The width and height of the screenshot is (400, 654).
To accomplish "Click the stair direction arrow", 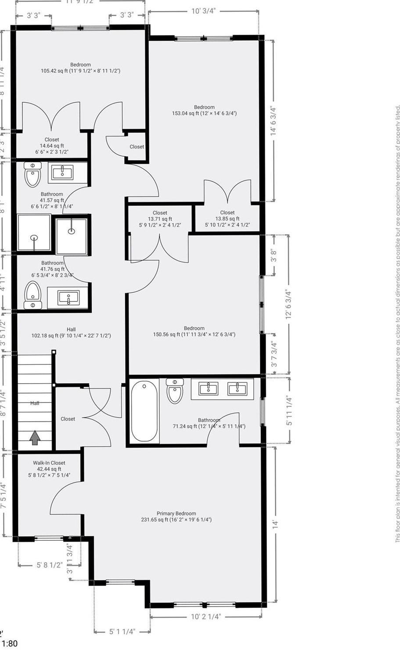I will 35,438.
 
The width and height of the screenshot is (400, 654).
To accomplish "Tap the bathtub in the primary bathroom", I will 144,411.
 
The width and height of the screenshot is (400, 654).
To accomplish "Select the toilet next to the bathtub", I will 175,391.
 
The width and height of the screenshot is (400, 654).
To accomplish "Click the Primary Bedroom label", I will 177,517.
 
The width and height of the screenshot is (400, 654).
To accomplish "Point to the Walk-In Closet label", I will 49,469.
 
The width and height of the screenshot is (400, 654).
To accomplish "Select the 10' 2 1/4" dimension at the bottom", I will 205,616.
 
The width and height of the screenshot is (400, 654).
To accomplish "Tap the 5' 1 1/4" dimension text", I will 122,632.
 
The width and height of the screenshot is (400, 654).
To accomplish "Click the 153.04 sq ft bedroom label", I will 204,110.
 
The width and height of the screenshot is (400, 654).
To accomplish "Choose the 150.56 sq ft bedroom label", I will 194,331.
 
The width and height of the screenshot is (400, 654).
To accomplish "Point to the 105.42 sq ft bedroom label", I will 80,68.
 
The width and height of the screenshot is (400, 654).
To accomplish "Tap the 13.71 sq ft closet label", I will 160,219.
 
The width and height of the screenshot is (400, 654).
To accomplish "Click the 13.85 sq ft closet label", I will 227,219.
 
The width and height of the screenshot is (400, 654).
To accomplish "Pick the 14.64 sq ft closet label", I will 52,146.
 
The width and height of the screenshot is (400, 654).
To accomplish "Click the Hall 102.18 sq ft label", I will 71,333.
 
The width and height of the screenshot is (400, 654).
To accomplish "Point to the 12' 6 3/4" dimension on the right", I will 288,305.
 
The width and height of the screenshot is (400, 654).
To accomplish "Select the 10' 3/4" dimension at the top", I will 203,11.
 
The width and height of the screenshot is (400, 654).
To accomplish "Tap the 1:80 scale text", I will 10,644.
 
